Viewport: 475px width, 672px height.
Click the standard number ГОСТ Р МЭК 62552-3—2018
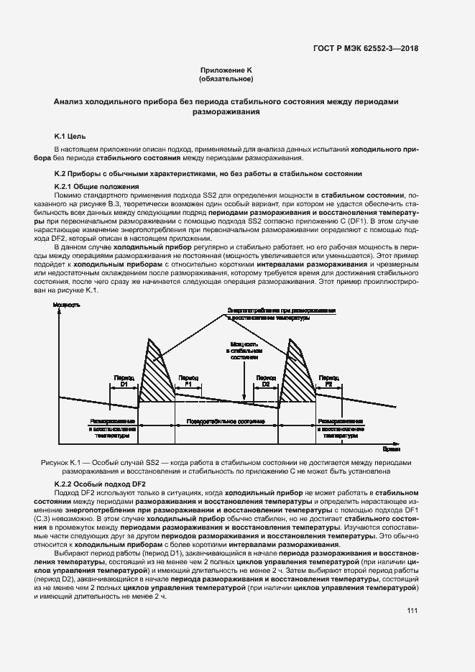pyautogui.click(x=366, y=49)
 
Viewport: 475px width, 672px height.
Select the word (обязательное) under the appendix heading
pyautogui.click(x=226, y=80)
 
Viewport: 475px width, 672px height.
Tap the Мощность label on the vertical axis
pyautogui.click(x=66, y=306)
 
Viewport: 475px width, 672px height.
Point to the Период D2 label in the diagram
pyautogui.click(x=266, y=380)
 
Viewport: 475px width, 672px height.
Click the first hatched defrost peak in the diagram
pyautogui.click(x=152, y=374)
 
